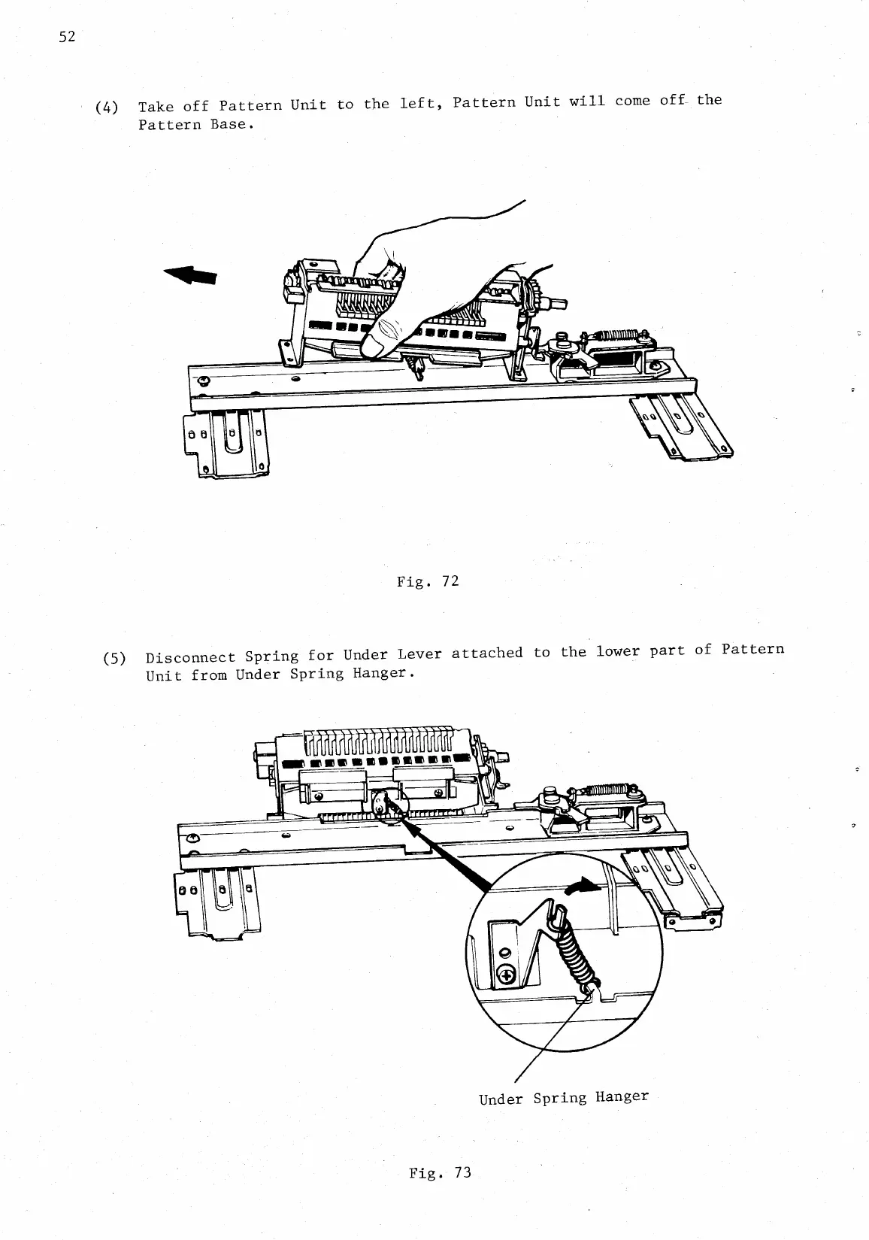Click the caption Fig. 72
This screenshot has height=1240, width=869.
tap(428, 581)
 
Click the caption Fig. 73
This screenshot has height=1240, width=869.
tap(440, 1172)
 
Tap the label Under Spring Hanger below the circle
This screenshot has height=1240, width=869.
tap(563, 1097)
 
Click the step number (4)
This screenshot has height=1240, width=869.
tap(107, 107)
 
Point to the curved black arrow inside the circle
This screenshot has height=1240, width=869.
tap(583, 888)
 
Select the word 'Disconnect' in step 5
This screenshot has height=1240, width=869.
tap(189, 656)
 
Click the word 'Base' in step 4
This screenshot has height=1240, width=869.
tap(229, 123)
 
